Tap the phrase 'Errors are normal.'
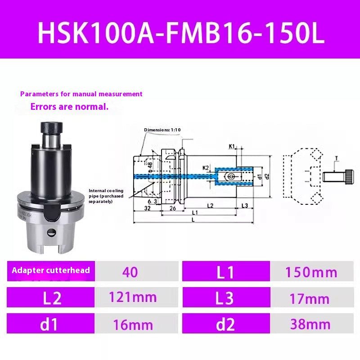69,107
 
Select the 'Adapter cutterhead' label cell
51,270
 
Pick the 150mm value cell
311,272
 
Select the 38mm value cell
311,324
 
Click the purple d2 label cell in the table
225,324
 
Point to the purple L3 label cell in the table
225,298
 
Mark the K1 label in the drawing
232,146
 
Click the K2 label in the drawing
206,168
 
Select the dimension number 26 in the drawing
172,208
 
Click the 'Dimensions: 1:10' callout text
162,130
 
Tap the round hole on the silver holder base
51,233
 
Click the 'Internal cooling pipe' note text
107,196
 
